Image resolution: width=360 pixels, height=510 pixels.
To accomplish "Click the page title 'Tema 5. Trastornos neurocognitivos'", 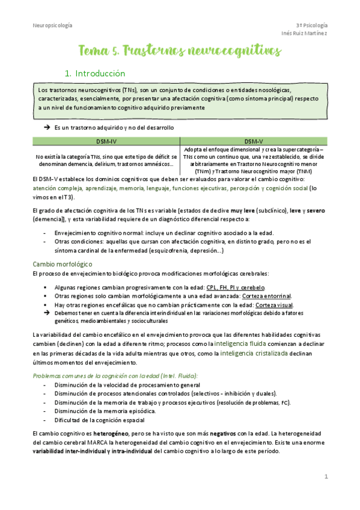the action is pyautogui.click(x=180, y=52).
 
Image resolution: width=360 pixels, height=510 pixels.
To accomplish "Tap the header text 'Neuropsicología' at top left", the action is pyautogui.click(x=52, y=25).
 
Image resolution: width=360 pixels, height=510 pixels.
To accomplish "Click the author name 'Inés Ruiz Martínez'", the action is pyautogui.click(x=305, y=33).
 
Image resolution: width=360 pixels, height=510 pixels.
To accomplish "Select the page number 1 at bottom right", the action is pyautogui.click(x=326, y=477).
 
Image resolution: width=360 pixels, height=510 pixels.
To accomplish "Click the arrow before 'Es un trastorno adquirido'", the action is pyautogui.click(x=46, y=128).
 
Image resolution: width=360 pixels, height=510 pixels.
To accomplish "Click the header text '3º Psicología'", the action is pyautogui.click(x=312, y=25).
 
